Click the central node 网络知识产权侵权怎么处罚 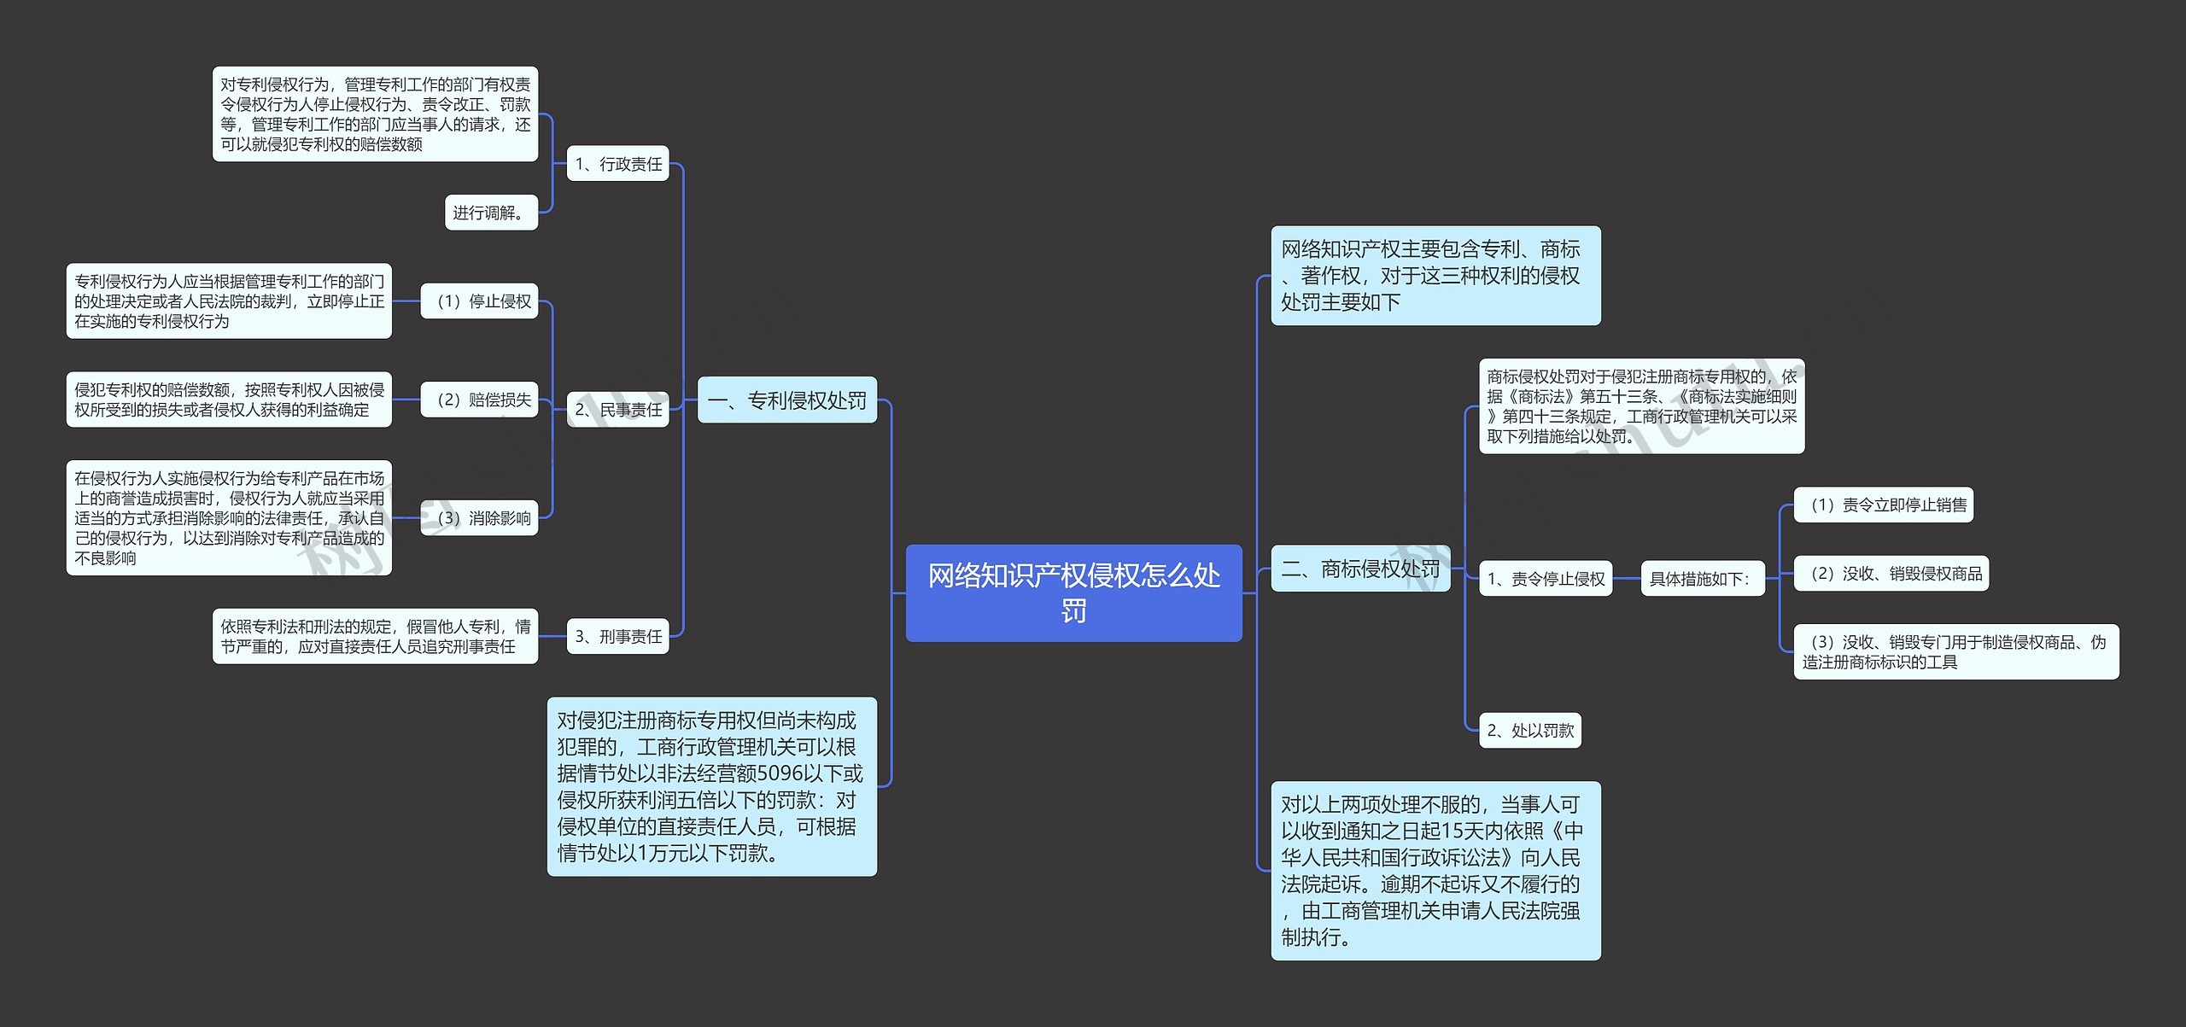click(x=1073, y=592)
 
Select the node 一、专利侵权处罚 click(x=786, y=400)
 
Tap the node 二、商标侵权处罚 click(x=1360, y=569)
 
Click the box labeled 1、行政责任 click(x=617, y=164)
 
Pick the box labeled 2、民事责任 click(x=617, y=410)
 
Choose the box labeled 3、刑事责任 click(x=617, y=637)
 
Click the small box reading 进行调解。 click(x=491, y=213)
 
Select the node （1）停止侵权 click(x=479, y=301)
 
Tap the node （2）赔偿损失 click(x=479, y=400)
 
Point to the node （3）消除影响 click(x=479, y=518)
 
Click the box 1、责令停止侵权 click(x=1546, y=579)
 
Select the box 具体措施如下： click(x=1702, y=579)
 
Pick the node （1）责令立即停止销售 click(x=1883, y=505)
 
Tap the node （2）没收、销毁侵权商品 click(x=1891, y=574)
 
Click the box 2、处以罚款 click(x=1529, y=731)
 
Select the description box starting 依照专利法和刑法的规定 click(x=375, y=637)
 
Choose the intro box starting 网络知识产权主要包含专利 click(x=1435, y=276)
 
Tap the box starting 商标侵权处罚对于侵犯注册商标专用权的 click(x=1641, y=406)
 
